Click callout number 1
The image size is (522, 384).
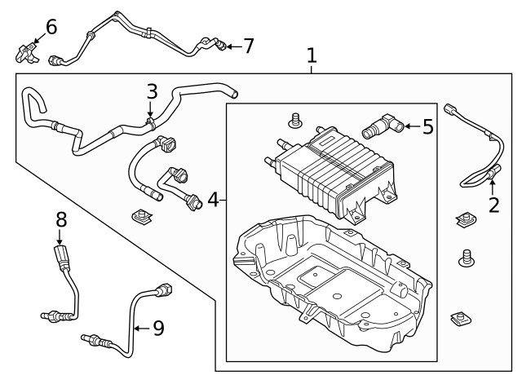coord(312,55)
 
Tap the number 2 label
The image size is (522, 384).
coord(493,204)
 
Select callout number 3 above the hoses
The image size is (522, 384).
coord(152,91)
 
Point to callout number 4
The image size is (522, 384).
coord(212,199)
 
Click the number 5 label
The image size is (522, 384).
coord(428,126)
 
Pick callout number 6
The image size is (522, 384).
coord(51,27)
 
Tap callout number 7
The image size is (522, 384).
coord(248,46)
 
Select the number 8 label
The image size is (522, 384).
coord(60,219)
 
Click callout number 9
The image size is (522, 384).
coord(158,328)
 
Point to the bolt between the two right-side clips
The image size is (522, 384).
coord(467,258)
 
